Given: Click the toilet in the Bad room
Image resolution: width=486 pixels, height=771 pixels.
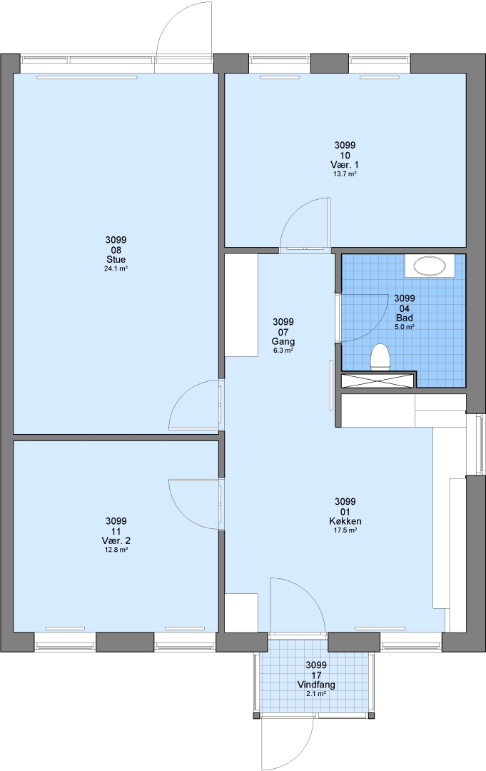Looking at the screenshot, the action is [x=380, y=356].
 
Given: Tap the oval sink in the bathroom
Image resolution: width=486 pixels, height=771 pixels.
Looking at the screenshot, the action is [x=430, y=266].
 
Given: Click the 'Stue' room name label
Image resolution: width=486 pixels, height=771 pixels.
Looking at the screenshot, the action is [x=116, y=260].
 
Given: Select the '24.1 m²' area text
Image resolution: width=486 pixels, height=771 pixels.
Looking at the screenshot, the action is [x=116, y=268].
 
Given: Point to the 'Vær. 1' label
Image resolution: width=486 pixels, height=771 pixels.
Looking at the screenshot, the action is [x=345, y=165].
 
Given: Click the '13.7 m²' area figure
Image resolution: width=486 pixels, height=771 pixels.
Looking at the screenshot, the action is [x=345, y=173].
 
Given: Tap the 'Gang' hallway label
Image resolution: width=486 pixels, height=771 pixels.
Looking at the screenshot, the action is [x=283, y=341].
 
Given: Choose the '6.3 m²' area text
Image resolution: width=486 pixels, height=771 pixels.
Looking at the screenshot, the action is [x=283, y=351].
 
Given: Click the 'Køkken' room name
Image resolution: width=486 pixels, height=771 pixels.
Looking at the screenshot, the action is [x=345, y=521].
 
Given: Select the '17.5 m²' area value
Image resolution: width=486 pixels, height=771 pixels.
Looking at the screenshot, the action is [x=345, y=530].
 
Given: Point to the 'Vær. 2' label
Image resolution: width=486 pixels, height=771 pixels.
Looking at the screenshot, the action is [x=116, y=540].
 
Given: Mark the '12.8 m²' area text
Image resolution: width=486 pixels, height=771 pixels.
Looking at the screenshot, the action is [x=116, y=549].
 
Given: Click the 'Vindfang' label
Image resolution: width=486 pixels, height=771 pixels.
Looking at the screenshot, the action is [x=316, y=685].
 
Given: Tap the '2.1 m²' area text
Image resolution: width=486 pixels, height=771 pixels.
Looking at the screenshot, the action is [x=316, y=694].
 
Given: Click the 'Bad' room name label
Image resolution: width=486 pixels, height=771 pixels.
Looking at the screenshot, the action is [x=405, y=318].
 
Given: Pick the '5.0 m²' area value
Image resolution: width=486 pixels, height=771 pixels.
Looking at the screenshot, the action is [x=405, y=326].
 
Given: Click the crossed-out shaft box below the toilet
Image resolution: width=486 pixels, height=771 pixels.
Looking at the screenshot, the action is [x=377, y=381].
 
